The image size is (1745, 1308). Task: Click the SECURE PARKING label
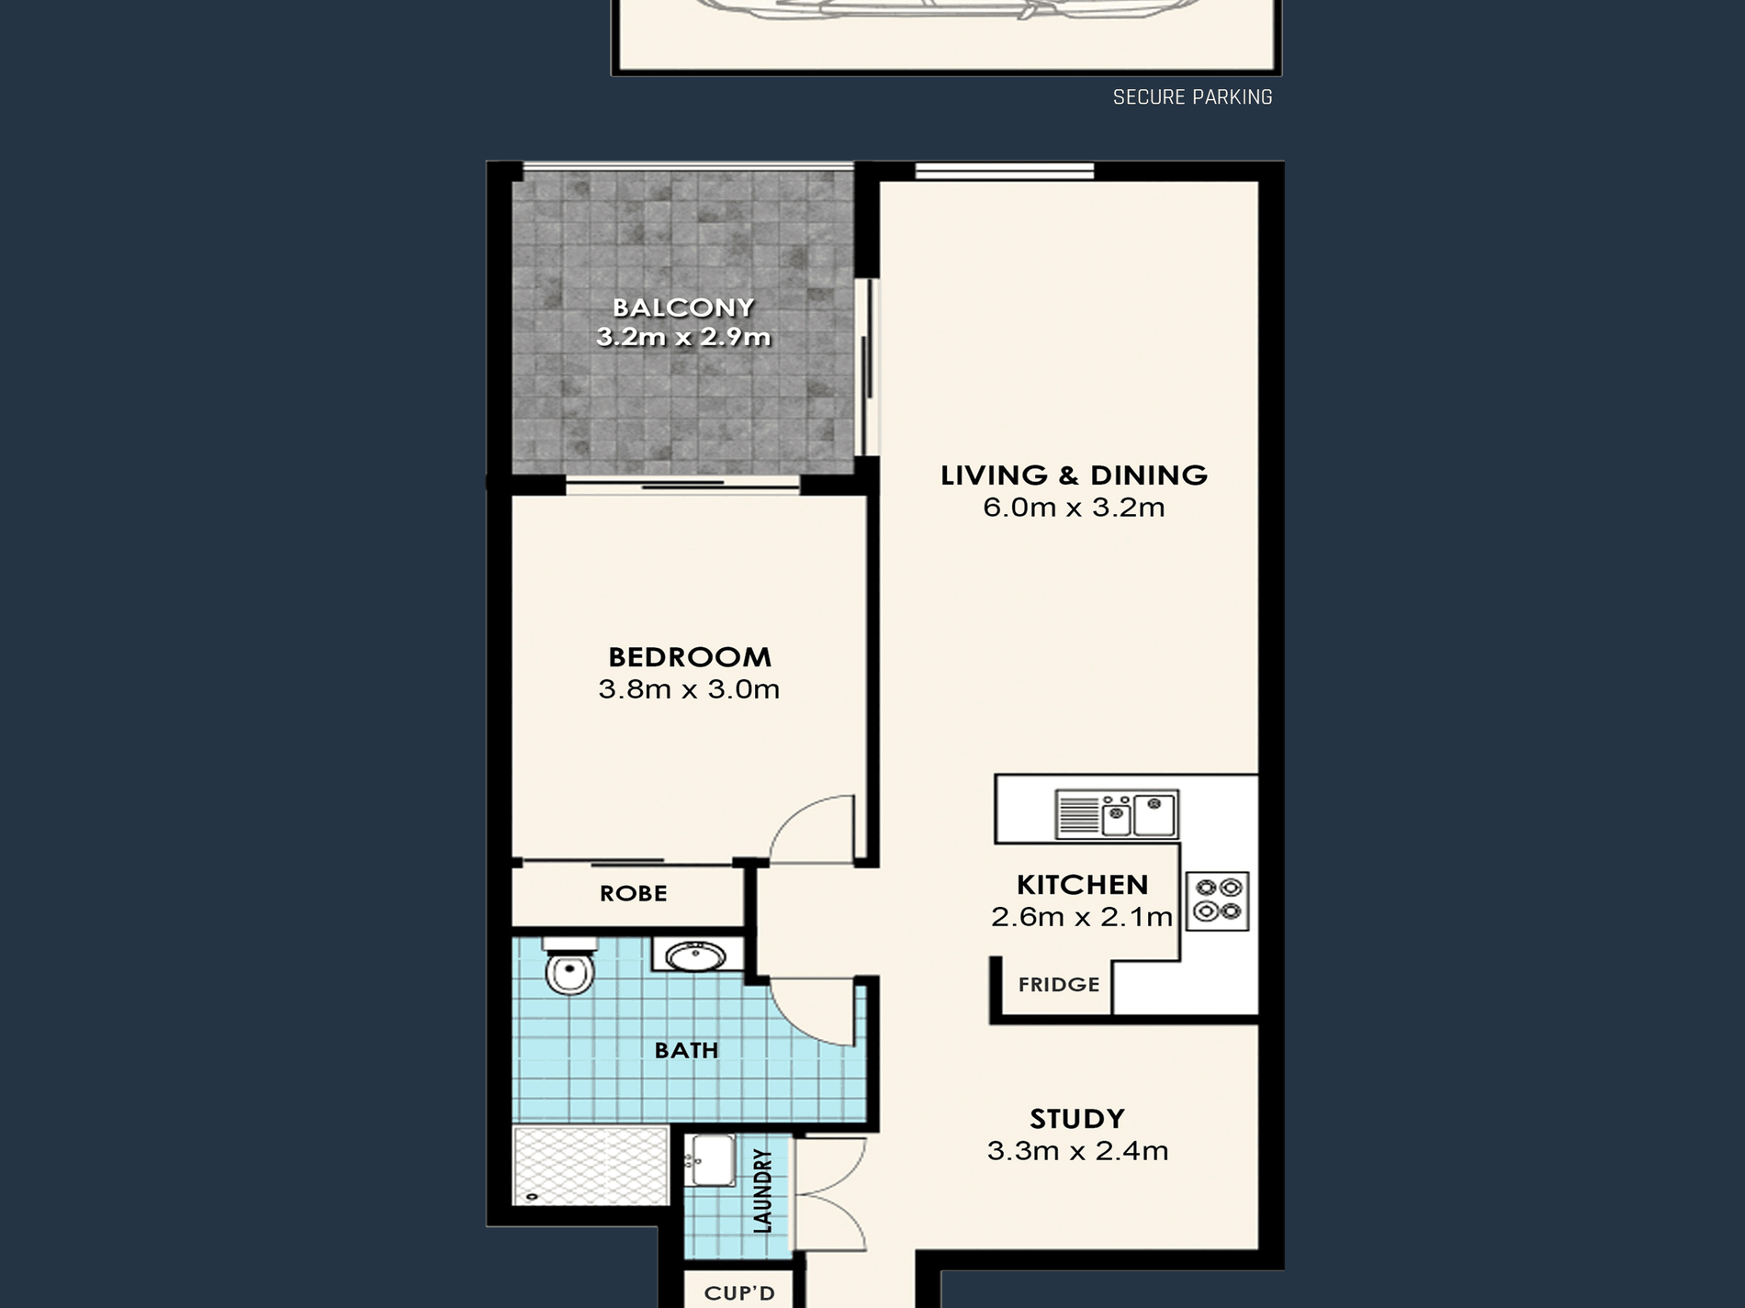point(1192,97)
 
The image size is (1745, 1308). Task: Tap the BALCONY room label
point(683,307)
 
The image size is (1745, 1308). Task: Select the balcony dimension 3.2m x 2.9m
point(683,337)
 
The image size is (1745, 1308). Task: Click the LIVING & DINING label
point(1074,475)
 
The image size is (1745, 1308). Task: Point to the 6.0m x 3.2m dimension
point(1074,507)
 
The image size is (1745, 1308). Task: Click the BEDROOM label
point(690,657)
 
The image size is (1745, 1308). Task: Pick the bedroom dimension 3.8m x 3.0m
point(689,688)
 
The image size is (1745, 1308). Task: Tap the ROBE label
point(633,893)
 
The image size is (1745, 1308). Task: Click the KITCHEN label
point(1082,885)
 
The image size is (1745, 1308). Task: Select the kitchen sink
point(1116,814)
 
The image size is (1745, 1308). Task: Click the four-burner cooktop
point(1218,900)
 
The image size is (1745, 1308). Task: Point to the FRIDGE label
point(1058,985)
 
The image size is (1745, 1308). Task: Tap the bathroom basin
point(696,956)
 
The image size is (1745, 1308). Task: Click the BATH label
point(686,1050)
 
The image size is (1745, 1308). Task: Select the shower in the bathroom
point(591,1166)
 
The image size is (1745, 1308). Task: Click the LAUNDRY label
point(762,1191)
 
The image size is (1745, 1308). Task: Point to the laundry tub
point(710,1161)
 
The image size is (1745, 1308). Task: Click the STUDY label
point(1077,1119)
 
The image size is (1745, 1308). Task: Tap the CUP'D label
point(739,1293)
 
